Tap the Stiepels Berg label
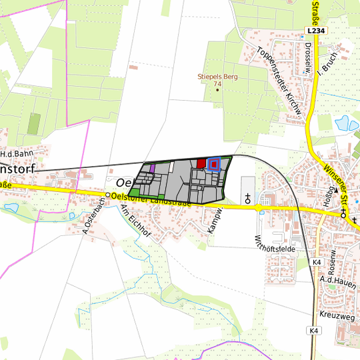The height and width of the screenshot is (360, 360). pos(217,77)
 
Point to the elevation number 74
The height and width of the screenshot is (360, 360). pos(217,85)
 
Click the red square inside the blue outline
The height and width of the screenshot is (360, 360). pos(214,164)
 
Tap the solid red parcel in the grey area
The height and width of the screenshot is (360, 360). pos(201,163)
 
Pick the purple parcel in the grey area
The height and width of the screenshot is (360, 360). pos(153,169)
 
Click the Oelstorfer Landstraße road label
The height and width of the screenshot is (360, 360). pos(152,199)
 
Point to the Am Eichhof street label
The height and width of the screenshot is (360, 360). pos(135,221)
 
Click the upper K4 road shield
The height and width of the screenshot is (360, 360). pos(316,263)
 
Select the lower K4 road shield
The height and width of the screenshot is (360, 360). pos(314,331)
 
